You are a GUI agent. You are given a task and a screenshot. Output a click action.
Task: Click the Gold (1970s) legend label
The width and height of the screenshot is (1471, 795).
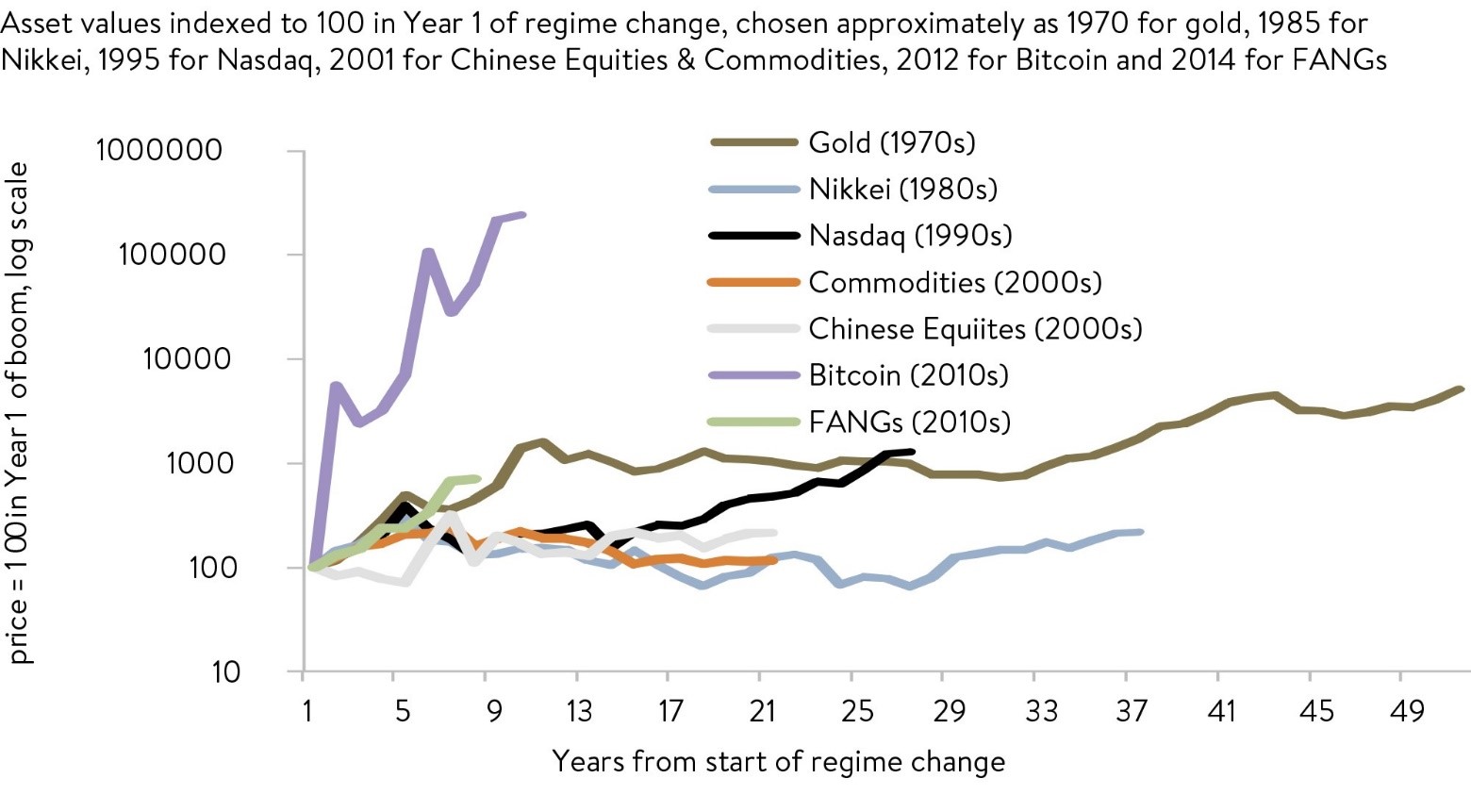click(x=891, y=142)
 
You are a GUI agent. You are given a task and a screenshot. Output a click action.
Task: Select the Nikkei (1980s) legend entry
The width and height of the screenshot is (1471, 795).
click(x=902, y=189)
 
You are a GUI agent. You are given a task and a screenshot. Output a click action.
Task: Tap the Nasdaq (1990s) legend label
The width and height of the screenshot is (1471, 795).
click(x=910, y=235)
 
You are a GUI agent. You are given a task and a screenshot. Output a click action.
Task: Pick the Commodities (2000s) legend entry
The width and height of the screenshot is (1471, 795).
click(x=954, y=282)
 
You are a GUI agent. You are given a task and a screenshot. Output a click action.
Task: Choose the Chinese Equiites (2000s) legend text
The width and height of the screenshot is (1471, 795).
click(x=975, y=328)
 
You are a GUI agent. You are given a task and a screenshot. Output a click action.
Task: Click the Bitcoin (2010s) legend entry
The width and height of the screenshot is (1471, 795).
click(x=908, y=374)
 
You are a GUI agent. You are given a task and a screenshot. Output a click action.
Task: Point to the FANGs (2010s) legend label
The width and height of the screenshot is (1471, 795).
click(x=909, y=421)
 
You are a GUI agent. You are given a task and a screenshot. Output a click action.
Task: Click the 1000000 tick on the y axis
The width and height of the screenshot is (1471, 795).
click(x=159, y=150)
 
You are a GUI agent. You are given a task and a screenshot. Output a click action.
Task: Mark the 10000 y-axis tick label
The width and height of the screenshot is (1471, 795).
click(x=187, y=358)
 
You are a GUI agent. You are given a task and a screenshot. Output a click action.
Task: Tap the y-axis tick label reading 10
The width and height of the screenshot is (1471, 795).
click(x=225, y=671)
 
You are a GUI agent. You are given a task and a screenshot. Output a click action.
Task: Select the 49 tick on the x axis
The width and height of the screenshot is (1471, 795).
click(x=1406, y=711)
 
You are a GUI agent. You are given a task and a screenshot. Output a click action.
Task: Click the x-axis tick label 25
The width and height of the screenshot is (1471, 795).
click(x=856, y=711)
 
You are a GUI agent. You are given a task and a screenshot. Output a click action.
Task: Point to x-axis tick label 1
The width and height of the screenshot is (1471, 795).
click(x=307, y=711)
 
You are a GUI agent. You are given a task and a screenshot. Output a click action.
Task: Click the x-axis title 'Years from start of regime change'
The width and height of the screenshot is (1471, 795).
click(x=778, y=761)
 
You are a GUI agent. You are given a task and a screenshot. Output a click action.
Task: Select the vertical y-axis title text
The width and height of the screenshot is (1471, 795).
click(x=19, y=412)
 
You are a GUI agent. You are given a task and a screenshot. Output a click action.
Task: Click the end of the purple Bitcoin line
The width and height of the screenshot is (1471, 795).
click(x=523, y=215)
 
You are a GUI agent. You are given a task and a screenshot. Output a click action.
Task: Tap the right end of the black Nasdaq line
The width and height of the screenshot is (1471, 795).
click(x=912, y=452)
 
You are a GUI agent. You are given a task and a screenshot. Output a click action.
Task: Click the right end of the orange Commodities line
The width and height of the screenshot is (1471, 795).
click(x=774, y=560)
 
